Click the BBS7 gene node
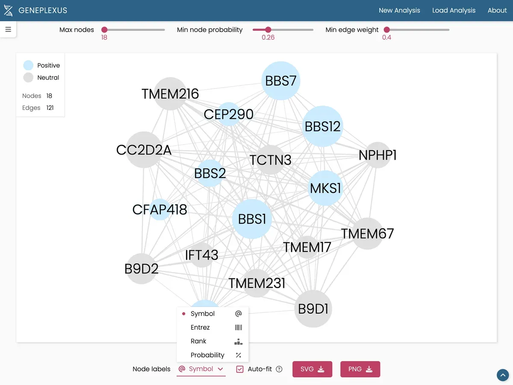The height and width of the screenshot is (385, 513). (281, 81)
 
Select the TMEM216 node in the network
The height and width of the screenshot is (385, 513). (171, 94)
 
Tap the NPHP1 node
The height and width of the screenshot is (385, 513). (377, 155)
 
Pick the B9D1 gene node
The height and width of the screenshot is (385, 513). (313, 309)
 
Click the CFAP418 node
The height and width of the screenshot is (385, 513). (160, 210)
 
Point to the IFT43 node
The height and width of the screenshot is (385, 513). (201, 255)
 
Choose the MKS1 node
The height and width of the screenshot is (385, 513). (326, 188)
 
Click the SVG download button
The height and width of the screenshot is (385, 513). (312, 369)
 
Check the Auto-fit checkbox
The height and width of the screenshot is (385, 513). (240, 369)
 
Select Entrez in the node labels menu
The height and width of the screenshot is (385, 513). (200, 327)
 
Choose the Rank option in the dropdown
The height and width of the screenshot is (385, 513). (198, 341)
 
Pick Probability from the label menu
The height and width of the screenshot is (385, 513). (207, 355)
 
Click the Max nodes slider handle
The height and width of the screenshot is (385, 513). (104, 30)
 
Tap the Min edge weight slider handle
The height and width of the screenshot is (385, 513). (387, 30)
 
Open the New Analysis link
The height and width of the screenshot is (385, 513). (399, 10)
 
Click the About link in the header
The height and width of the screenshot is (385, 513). (497, 10)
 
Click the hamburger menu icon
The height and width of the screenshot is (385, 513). (8, 30)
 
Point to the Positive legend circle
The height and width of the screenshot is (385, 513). (28, 65)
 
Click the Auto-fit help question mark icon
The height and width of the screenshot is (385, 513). (279, 369)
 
